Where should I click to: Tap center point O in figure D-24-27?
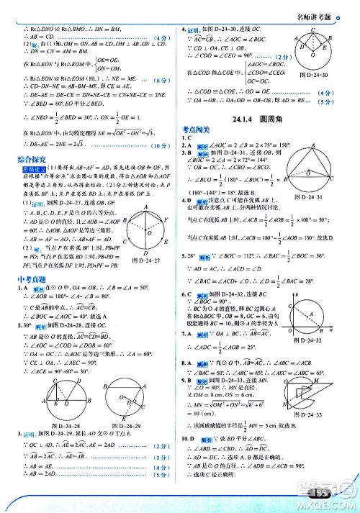pyautogui.click(x=148, y=232)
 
